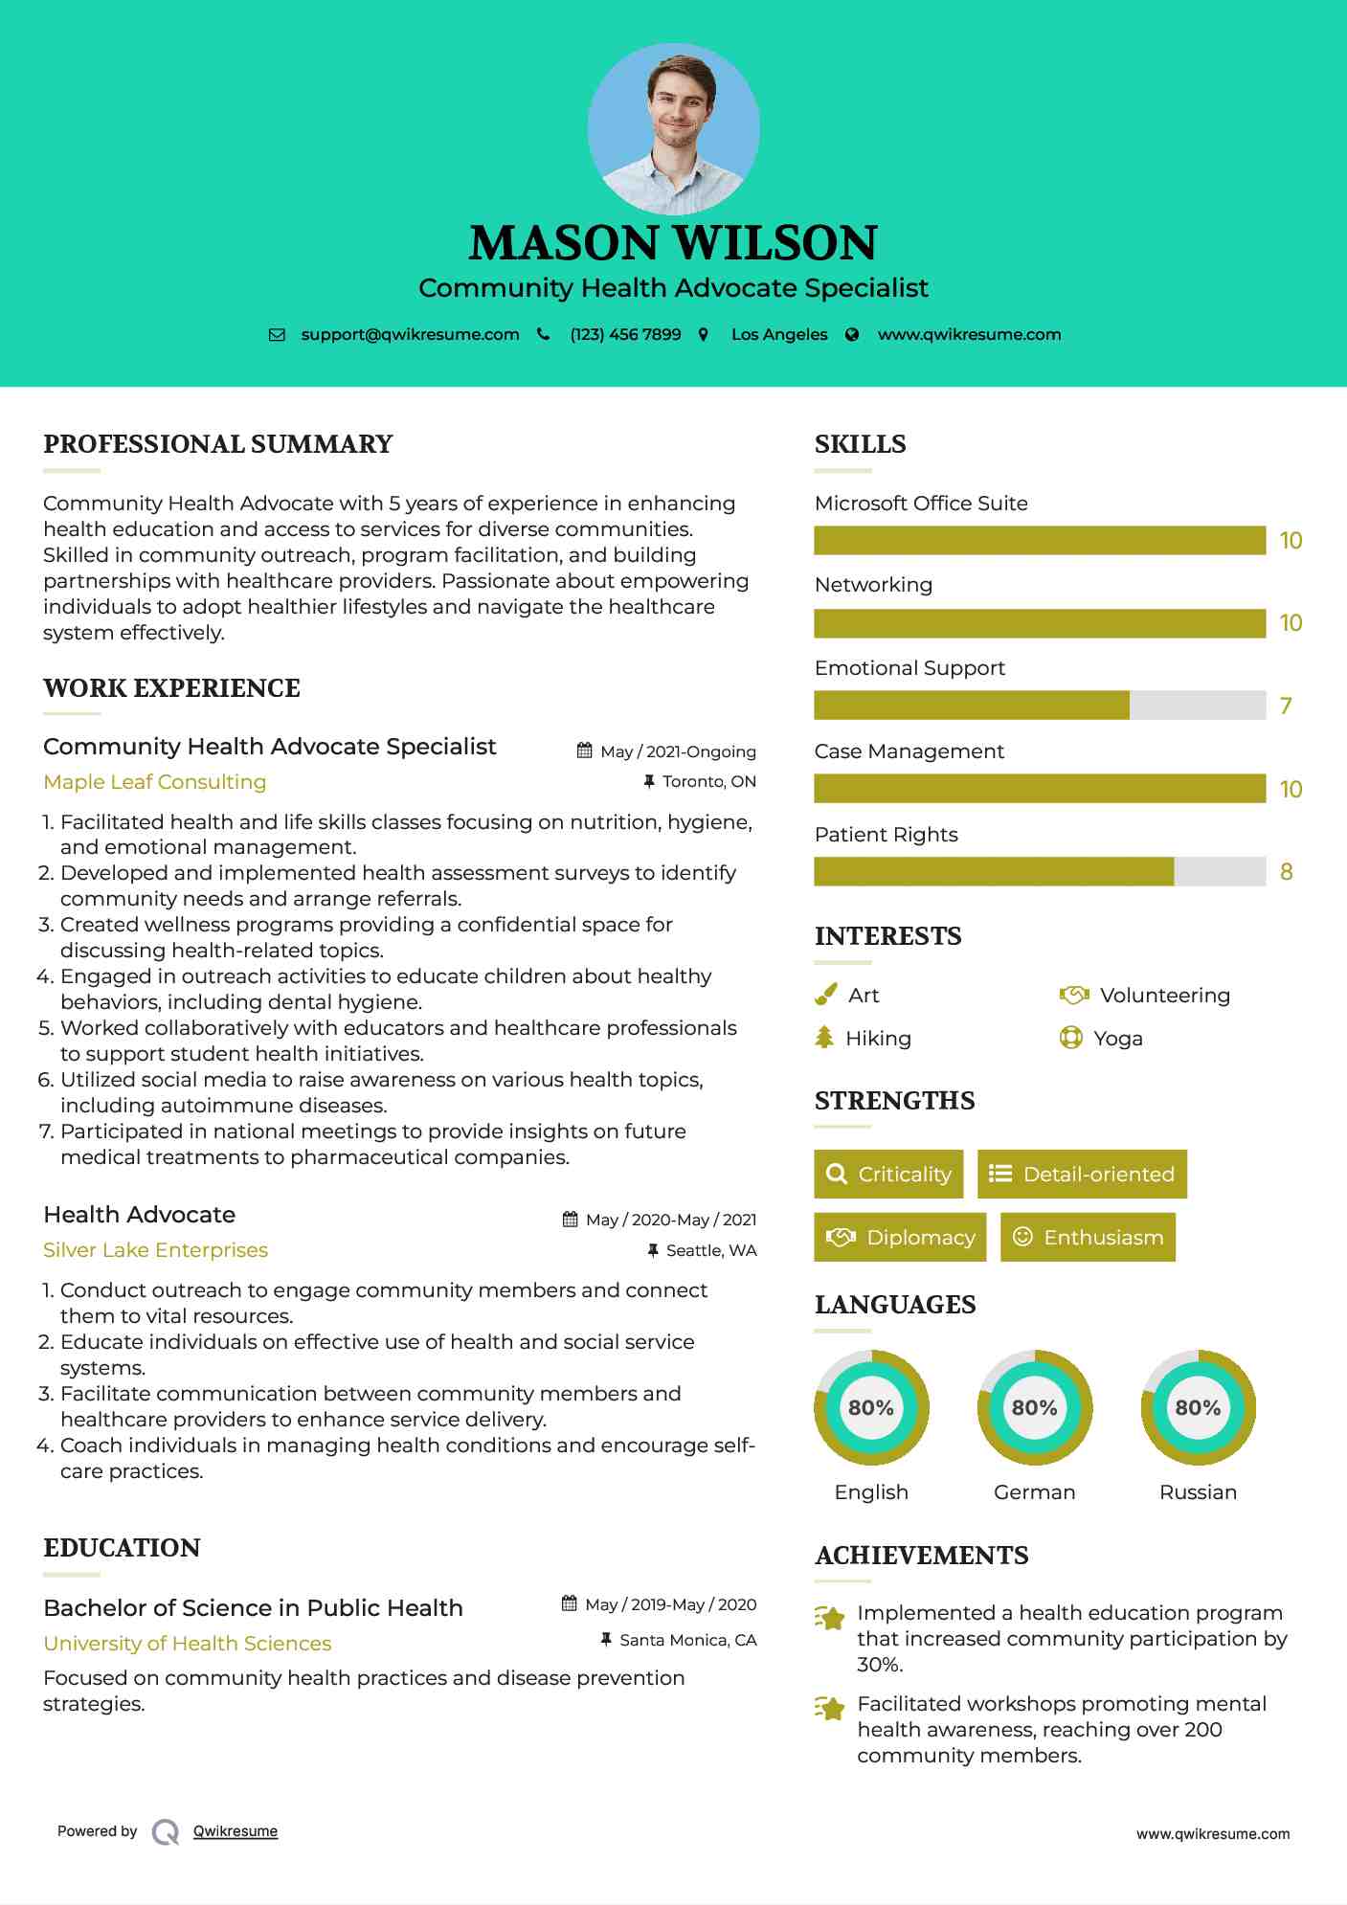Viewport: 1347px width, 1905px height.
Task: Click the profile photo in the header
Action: [673, 129]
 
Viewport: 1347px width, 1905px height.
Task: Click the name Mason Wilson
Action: [673, 243]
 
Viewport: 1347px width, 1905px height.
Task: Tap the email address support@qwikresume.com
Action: [410, 335]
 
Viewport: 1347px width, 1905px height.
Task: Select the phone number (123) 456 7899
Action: [625, 335]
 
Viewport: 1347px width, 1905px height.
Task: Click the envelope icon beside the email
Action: [277, 335]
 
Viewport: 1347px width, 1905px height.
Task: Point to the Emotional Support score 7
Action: [1286, 706]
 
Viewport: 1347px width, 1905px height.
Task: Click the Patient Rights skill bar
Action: [1040, 872]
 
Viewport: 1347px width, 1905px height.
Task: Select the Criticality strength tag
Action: [888, 1175]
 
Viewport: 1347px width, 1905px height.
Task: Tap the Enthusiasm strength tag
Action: [1088, 1238]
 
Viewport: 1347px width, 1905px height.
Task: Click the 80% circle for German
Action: [1034, 1408]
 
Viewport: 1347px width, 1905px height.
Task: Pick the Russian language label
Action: [1198, 1492]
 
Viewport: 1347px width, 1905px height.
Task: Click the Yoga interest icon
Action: [1070, 1039]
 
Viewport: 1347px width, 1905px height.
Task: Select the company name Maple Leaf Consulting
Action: [155, 782]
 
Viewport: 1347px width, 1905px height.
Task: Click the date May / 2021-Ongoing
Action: [678, 752]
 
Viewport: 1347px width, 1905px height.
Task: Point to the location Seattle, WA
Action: [711, 1251]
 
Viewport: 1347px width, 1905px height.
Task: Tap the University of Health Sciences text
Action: [188, 1644]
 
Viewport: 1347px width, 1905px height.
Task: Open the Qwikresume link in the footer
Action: [236, 1831]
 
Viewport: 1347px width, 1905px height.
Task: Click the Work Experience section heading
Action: [172, 688]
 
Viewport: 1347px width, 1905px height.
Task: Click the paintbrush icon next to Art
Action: [825, 996]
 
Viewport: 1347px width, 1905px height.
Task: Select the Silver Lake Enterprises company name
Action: [156, 1250]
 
